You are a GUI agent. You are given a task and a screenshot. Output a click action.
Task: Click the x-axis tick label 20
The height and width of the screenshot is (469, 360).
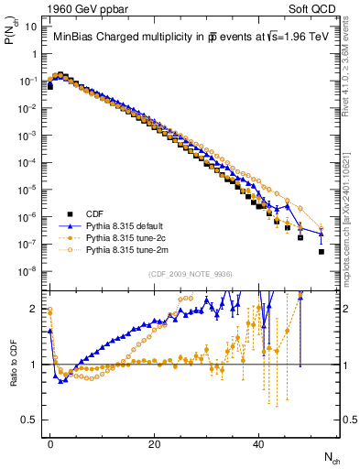click(x=154, y=442)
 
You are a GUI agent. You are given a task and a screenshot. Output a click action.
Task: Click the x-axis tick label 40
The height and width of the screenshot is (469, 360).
click(x=258, y=442)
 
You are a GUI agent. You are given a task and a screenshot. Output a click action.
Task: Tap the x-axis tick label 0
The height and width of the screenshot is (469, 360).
click(x=49, y=442)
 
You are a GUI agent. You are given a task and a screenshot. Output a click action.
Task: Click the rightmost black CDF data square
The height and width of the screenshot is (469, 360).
click(x=321, y=250)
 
